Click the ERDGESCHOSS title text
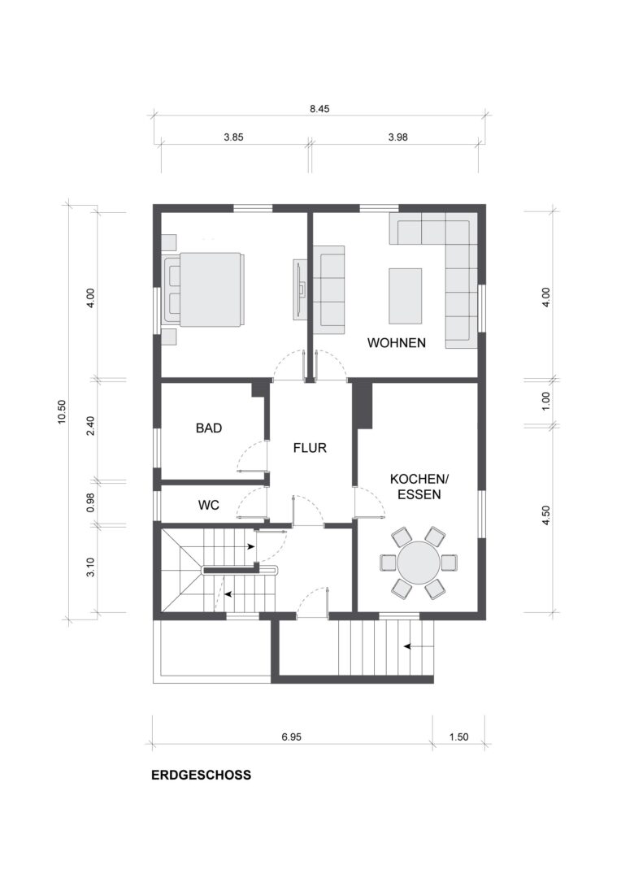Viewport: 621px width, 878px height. coord(201,775)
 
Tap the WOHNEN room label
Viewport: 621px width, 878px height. coord(397,343)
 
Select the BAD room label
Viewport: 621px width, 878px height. coord(209,428)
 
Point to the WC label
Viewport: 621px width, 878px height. coord(208,505)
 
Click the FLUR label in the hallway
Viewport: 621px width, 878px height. coord(310,448)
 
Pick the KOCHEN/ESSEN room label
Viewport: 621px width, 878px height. coord(419,487)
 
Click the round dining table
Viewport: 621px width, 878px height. coord(419,563)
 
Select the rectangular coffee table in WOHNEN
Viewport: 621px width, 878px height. coord(406,296)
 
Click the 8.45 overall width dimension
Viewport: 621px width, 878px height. coord(319,109)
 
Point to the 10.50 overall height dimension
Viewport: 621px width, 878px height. coord(62,411)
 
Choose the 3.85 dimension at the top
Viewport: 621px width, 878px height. coord(233,137)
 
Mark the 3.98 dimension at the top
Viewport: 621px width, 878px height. coord(398,137)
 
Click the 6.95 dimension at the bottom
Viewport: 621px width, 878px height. coord(291,737)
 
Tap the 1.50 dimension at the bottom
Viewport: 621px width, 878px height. coord(458,737)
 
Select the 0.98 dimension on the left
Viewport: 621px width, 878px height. coord(90,502)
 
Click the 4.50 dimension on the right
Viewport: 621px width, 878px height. coord(546,515)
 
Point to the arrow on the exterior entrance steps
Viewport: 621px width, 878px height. coord(415,646)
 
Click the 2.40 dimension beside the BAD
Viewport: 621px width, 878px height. coord(90,425)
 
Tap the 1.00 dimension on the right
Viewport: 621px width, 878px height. coord(546,401)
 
